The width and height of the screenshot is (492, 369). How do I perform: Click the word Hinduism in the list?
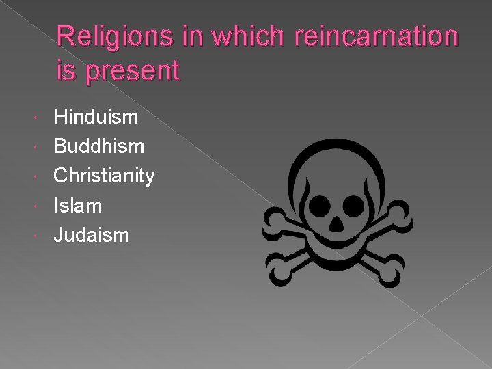96,118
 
